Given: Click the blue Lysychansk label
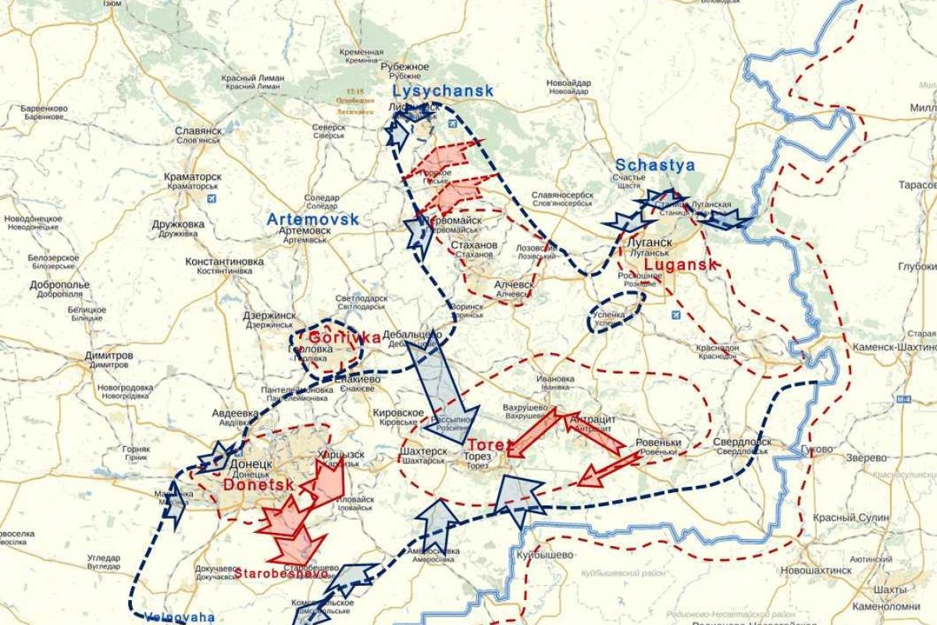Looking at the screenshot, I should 443,91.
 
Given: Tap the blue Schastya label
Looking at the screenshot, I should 654,165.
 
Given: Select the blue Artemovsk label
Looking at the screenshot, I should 312,220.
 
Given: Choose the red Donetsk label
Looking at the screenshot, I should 258,484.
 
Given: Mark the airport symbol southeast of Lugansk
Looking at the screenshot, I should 675,315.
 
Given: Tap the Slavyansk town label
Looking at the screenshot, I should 198,130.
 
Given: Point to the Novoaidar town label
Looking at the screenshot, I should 568,83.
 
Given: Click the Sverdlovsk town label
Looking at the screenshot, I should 742,442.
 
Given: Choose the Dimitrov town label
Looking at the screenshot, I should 108,355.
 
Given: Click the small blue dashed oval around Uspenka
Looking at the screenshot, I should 616,312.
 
